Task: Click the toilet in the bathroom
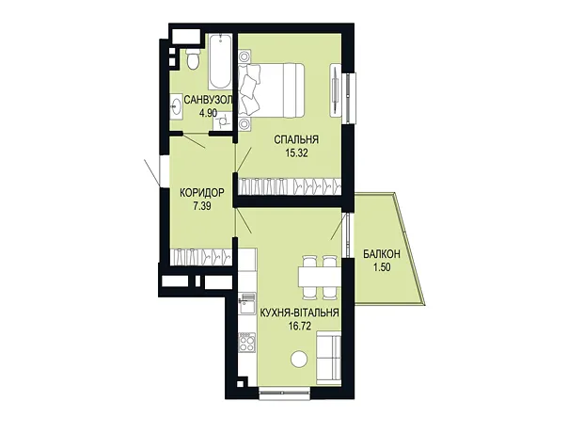tap(193, 58)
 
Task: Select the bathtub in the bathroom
tap(220, 61)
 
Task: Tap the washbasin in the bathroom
tap(176, 106)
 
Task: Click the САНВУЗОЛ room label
tap(209, 100)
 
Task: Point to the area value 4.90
tap(208, 113)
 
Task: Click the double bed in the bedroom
tap(272, 90)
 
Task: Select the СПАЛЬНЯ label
tap(296, 140)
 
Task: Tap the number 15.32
tap(296, 153)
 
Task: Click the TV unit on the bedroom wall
tap(336, 89)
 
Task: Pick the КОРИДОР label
tap(202, 193)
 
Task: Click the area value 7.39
tap(202, 206)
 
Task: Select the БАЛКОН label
tap(382, 254)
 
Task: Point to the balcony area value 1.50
tap(382, 267)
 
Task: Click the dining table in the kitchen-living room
tap(318, 278)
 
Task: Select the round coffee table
tap(299, 360)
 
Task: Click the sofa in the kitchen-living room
tap(329, 359)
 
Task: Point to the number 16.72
tap(299, 326)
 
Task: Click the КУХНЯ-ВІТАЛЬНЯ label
tap(299, 313)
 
